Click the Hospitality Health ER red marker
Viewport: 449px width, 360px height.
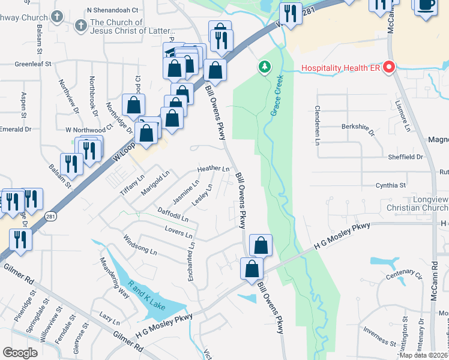(388, 67)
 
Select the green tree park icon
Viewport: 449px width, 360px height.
(264, 67)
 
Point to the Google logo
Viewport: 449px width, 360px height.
(20, 353)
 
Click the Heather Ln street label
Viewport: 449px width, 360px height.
(214, 169)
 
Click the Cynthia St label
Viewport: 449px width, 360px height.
(391, 186)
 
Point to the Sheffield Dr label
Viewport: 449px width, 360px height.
(406, 157)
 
